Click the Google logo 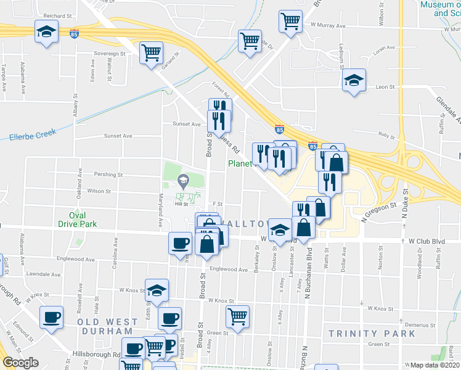tap(20, 363)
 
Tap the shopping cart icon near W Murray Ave tap(290, 22)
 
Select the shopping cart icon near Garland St tap(150, 52)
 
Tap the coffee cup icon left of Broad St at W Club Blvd tap(180, 242)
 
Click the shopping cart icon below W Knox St tap(237, 316)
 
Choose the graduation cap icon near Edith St tap(157, 290)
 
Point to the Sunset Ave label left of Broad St tap(118, 136)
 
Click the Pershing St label tap(108, 175)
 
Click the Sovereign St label tap(110, 54)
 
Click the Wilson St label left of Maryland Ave tap(99, 191)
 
